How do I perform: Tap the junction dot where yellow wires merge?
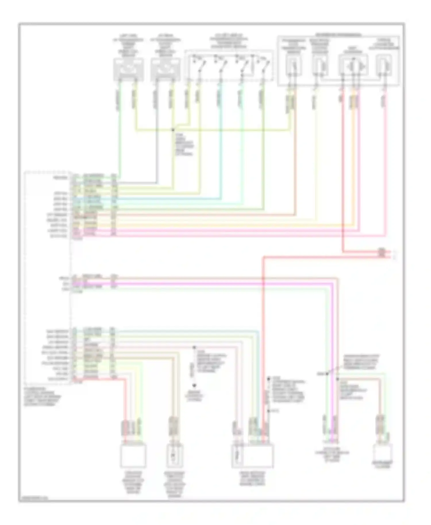tap(173, 130)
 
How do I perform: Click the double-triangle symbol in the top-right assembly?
tap(353, 67)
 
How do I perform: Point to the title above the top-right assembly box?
tap(338, 35)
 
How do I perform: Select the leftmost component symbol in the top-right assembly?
tap(293, 67)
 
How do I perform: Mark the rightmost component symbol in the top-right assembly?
tap(384, 67)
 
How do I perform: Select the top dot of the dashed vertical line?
tap(194, 347)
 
